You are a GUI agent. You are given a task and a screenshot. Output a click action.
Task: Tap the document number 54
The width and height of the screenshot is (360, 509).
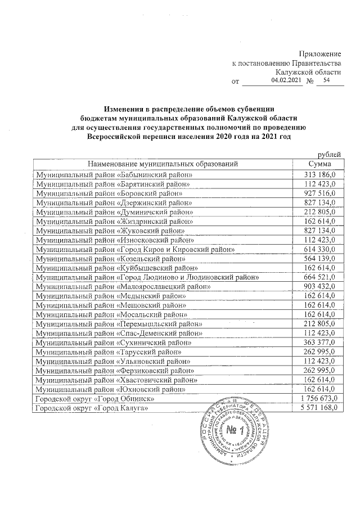[322, 81]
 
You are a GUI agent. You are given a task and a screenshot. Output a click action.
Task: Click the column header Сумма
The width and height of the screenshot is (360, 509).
[319, 164]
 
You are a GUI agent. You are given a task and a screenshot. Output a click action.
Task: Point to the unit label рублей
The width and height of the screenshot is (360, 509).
[330, 154]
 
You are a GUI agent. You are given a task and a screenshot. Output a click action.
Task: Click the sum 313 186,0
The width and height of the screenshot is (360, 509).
[319, 174]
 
